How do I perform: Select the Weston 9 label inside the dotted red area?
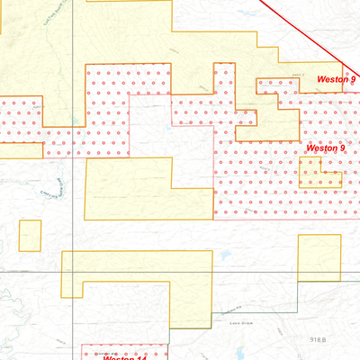click(325, 148)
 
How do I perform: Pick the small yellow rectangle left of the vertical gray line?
click(31, 236)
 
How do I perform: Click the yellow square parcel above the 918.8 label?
click(320, 256)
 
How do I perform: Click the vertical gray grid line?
click(72, 180)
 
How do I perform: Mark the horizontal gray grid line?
click(180, 272)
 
